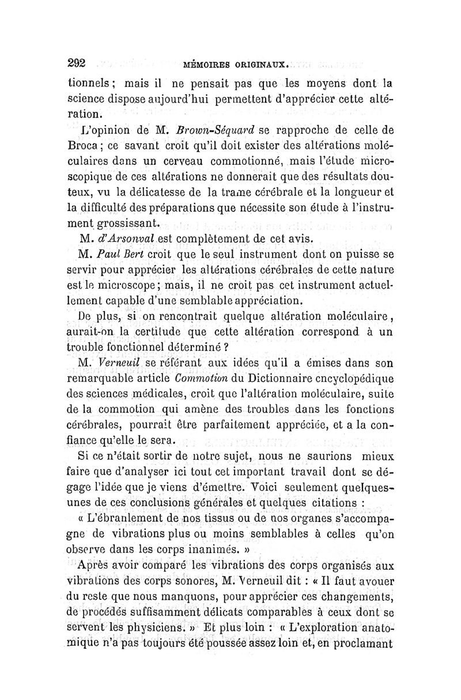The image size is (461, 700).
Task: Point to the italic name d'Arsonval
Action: pos(127,237)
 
